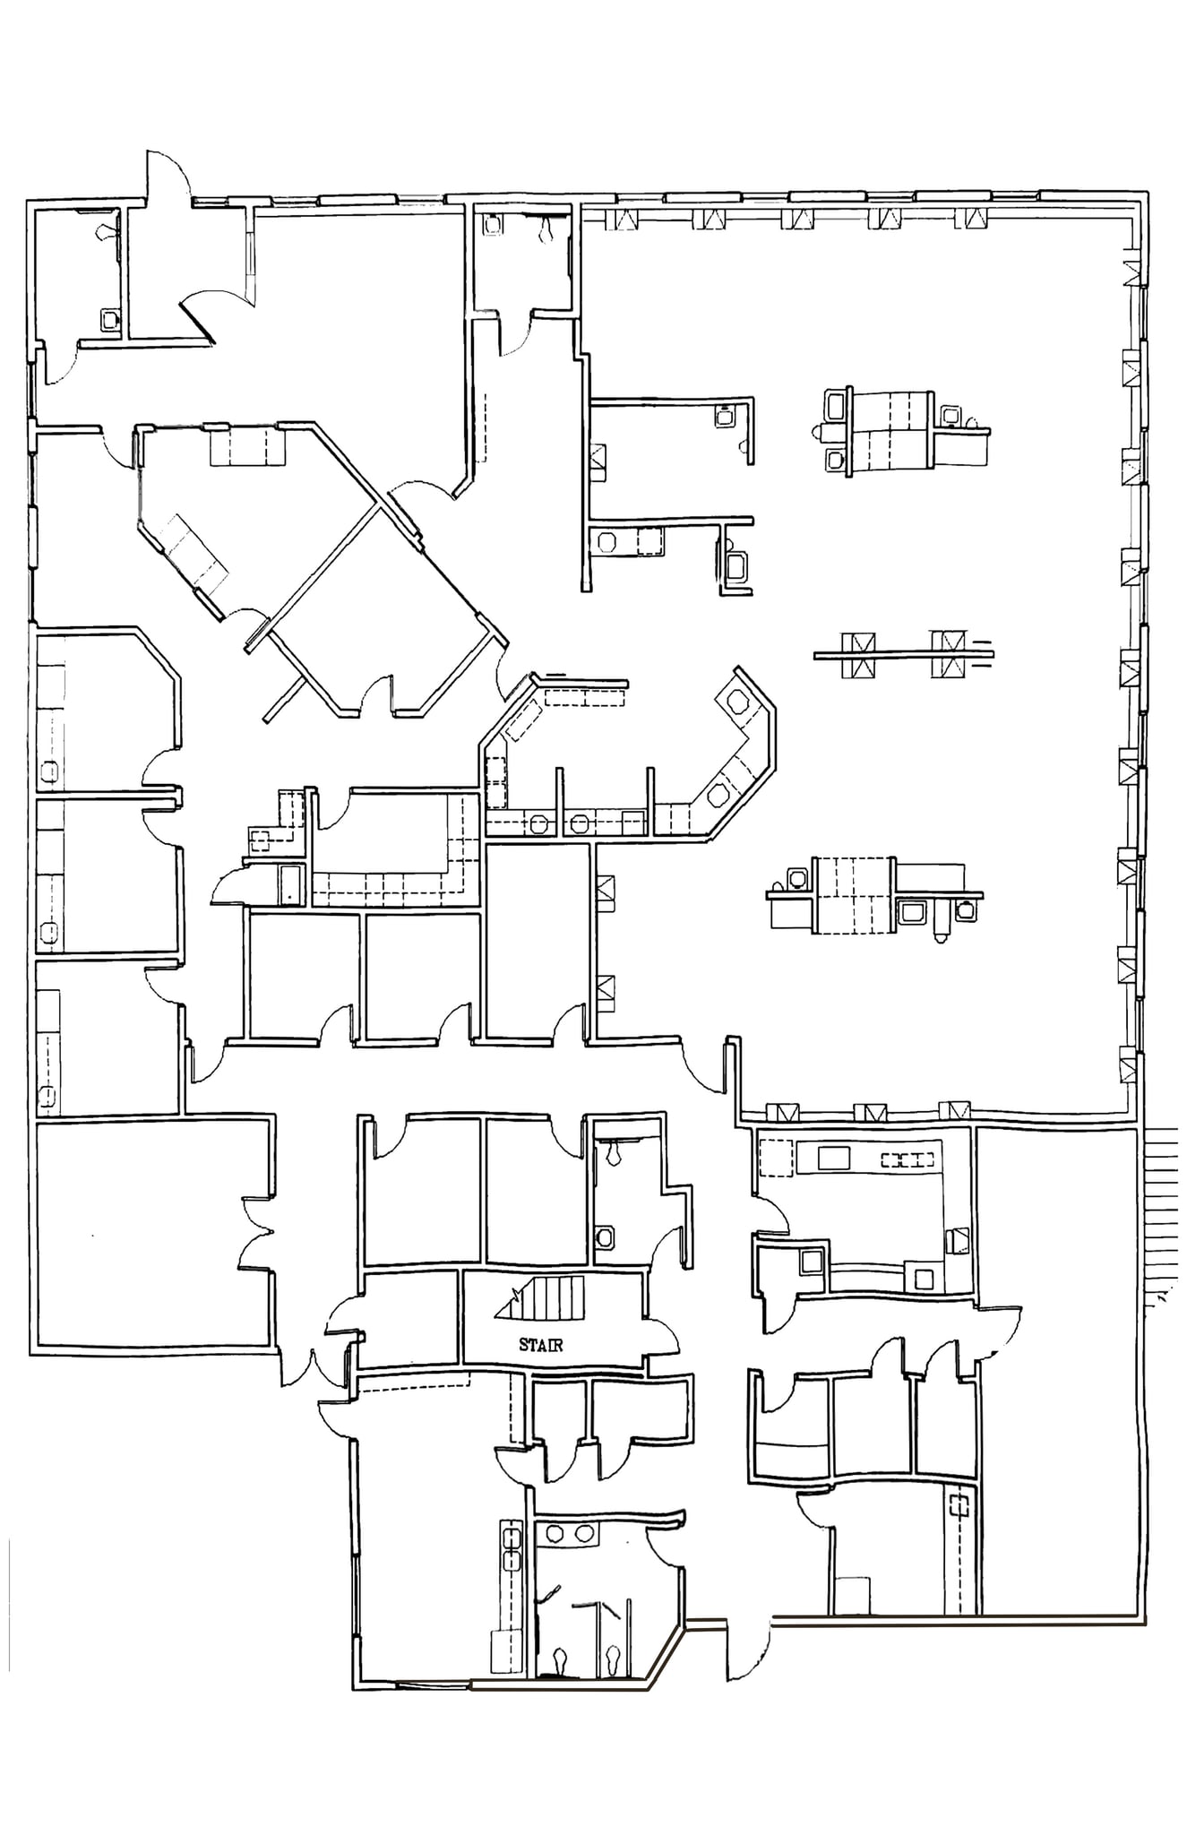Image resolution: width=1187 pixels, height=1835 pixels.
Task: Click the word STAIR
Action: tap(540, 1345)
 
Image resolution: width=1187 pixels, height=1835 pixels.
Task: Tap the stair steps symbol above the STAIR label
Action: tap(543, 1298)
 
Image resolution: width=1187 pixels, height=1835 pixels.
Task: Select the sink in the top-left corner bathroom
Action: tap(110, 318)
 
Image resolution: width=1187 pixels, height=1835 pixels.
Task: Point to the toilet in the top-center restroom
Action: tap(546, 230)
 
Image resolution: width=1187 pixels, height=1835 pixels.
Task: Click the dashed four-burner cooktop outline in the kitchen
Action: tap(907, 1160)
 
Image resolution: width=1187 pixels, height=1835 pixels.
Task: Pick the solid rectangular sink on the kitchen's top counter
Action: tap(833, 1158)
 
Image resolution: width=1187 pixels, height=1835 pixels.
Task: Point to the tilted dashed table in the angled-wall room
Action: tap(188, 551)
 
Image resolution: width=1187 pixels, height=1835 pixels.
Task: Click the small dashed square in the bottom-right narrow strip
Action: tap(960, 1506)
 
